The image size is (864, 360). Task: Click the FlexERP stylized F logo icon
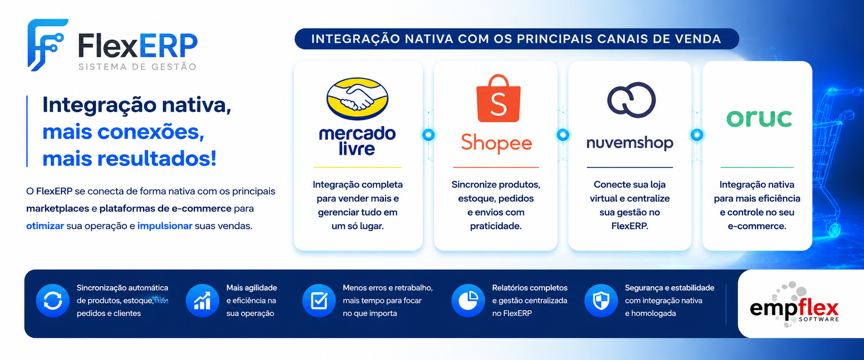pyautogui.click(x=47, y=44)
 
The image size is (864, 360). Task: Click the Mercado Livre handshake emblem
pyautogui.click(x=357, y=99)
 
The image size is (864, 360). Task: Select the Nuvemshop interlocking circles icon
pyautogui.click(x=631, y=100)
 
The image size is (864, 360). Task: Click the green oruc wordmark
pyautogui.click(x=759, y=118)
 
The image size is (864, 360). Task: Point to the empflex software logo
pyautogui.click(x=794, y=305)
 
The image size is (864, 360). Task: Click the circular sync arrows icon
pyautogui.click(x=53, y=300)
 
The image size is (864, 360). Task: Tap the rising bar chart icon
pyautogui.click(x=202, y=300)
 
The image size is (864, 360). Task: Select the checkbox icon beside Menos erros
pyautogui.click(x=319, y=300)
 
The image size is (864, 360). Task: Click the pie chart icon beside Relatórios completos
pyautogui.click(x=468, y=300)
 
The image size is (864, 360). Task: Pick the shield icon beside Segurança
pyautogui.click(x=601, y=300)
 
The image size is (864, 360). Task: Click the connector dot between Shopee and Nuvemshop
pyautogui.click(x=563, y=134)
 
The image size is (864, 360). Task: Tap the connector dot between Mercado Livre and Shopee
pyautogui.click(x=428, y=134)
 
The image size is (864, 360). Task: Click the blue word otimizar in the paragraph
pyautogui.click(x=45, y=226)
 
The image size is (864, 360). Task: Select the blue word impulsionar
pyautogui.click(x=165, y=226)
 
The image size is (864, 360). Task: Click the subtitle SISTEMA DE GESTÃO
pyautogui.click(x=137, y=67)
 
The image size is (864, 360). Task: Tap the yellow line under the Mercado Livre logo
pyautogui.click(x=357, y=167)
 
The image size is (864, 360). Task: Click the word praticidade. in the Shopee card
pyautogui.click(x=496, y=226)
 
